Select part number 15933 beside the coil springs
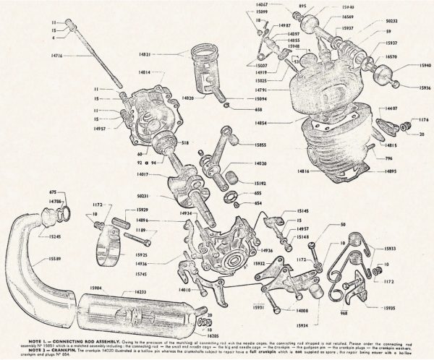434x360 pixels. pyautogui.click(x=409, y=248)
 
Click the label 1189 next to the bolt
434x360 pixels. pyautogui.click(x=141, y=231)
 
